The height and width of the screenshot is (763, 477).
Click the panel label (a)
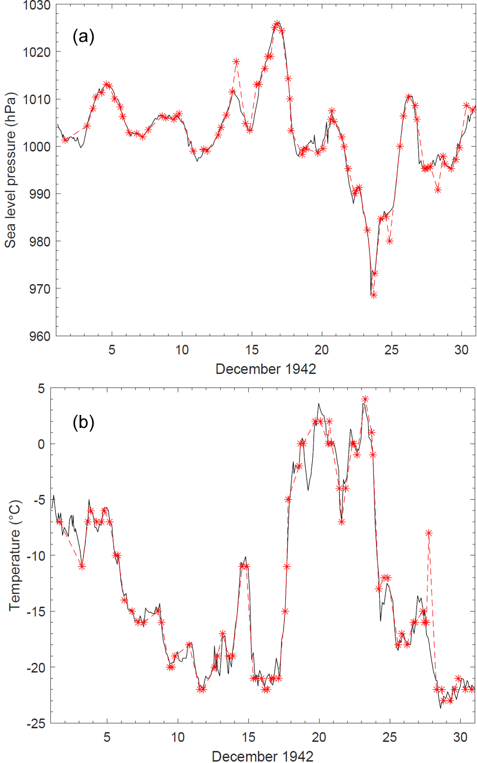click(83, 37)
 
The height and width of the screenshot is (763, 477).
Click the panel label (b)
click(83, 422)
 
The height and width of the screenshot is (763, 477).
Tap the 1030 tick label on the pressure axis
click(37, 6)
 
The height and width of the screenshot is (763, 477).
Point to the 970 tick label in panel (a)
click(40, 289)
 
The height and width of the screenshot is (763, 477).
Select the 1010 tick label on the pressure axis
click(37, 99)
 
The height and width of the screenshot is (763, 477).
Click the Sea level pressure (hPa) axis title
click(10, 170)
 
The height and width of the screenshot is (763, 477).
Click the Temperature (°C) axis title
click(15, 555)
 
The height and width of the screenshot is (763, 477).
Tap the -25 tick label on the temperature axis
click(35, 723)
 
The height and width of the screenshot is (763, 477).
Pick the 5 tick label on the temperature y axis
click(41, 389)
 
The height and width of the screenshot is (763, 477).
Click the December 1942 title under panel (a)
click(266, 369)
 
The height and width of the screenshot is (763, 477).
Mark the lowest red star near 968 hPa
click(373, 295)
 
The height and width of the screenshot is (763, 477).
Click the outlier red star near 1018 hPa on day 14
click(236, 62)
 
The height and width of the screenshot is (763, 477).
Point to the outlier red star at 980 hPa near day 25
click(389, 241)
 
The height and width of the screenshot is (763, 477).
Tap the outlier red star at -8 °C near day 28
click(428, 533)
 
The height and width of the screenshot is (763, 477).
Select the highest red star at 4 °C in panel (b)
click(365, 399)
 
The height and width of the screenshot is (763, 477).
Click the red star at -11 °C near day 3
click(82, 567)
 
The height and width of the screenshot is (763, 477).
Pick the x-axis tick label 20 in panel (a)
click(321, 350)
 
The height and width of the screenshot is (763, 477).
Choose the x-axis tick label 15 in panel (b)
click(248, 737)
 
